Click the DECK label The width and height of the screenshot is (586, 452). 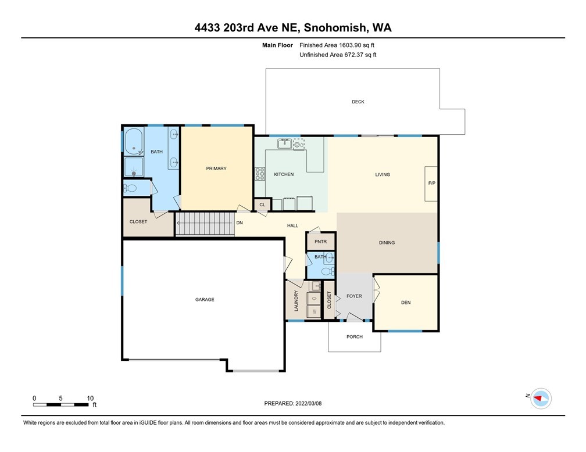(x=358, y=102)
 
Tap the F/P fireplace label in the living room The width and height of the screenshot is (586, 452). (x=431, y=183)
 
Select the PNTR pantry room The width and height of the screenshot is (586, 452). (x=321, y=241)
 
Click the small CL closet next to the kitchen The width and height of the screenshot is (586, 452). (x=262, y=205)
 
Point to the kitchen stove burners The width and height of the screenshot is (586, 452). (x=260, y=174)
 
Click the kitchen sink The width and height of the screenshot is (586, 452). (x=285, y=144)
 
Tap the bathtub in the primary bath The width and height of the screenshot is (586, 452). (x=134, y=141)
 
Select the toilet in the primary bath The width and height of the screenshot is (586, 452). (x=130, y=188)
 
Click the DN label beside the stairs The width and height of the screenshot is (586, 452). (x=240, y=223)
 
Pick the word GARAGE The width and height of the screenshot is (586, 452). (x=205, y=299)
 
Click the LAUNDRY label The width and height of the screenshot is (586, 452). (x=296, y=301)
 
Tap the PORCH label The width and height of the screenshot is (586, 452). (x=354, y=336)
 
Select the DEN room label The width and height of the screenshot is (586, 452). (x=406, y=303)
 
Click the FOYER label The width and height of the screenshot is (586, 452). (x=354, y=296)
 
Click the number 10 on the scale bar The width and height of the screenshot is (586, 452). (x=90, y=398)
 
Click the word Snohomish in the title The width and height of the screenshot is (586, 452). (x=334, y=28)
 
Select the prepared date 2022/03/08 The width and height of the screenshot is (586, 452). (x=308, y=403)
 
